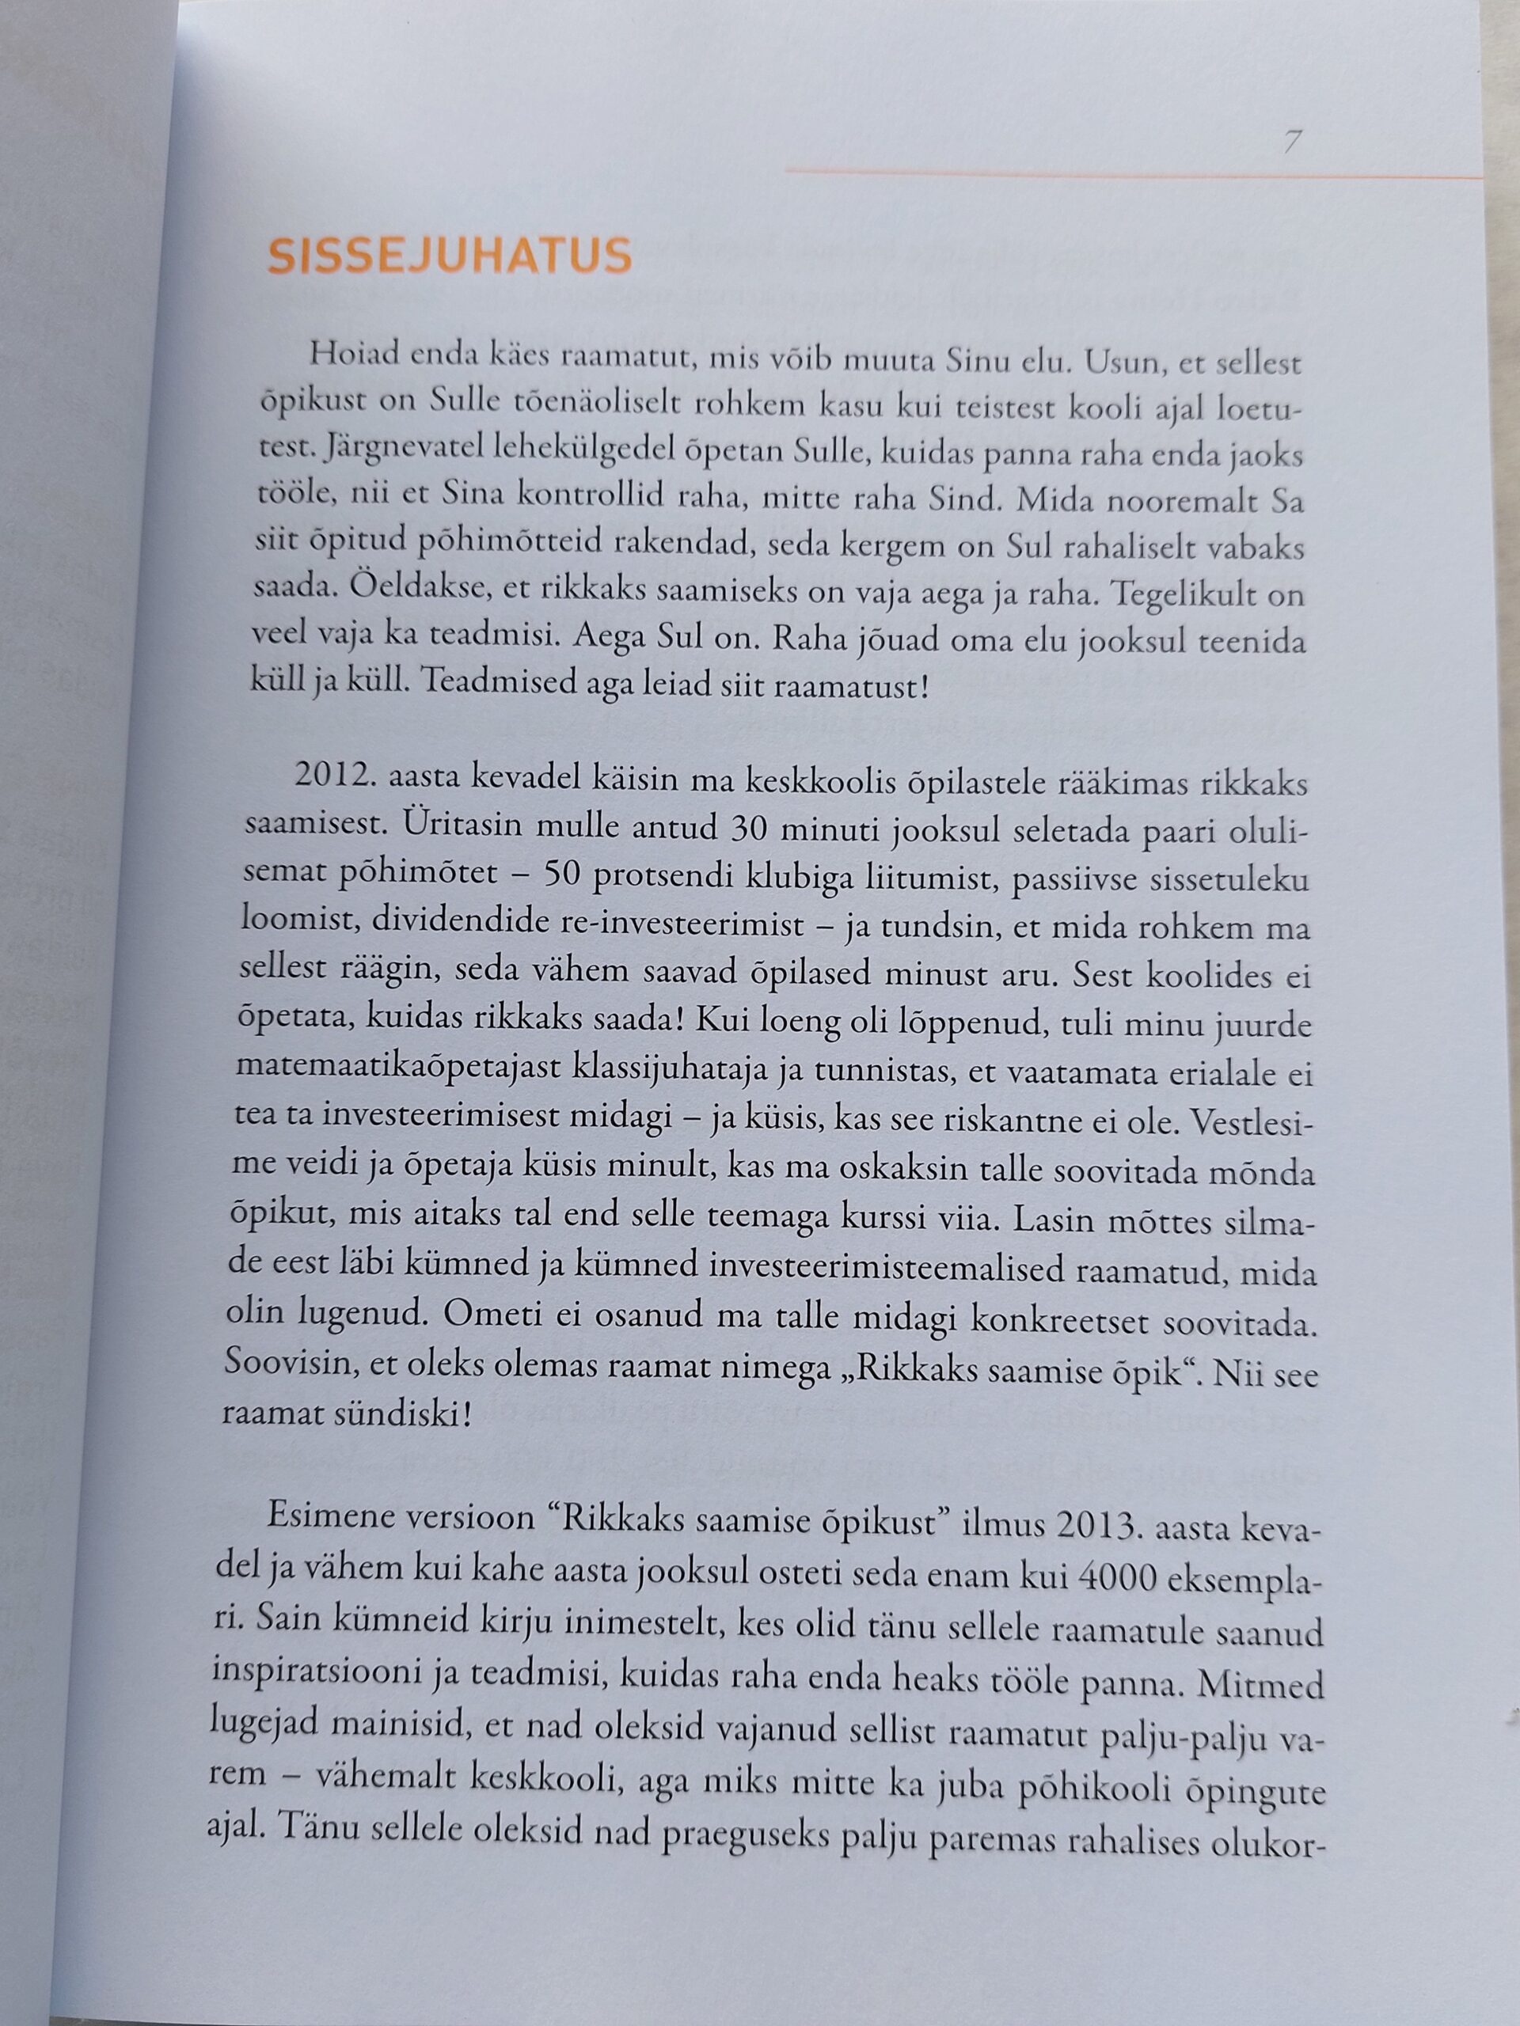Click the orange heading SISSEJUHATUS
pos(449,258)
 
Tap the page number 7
pos(1293,143)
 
